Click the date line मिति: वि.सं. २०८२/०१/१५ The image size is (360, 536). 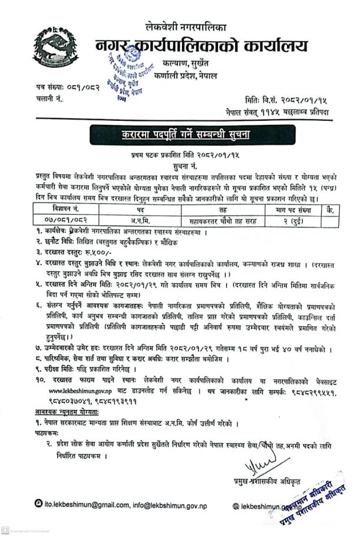287,101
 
